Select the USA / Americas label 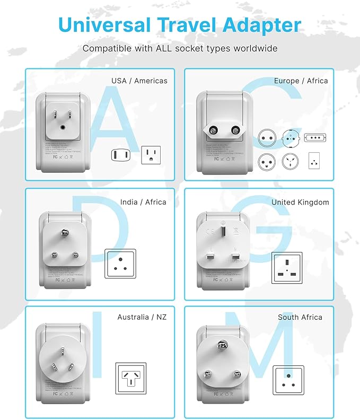pyautogui.click(x=139, y=81)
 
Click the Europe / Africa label pyautogui.click(x=301, y=81)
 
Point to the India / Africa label pyautogui.click(x=143, y=202)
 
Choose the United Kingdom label pyautogui.click(x=300, y=203)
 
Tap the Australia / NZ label pyautogui.click(x=142, y=317)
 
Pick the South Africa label pyautogui.click(x=300, y=317)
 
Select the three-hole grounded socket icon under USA pyautogui.click(x=151, y=155)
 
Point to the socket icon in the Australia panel pyautogui.click(x=130, y=378)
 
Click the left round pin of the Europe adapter pyautogui.click(x=216, y=129)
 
